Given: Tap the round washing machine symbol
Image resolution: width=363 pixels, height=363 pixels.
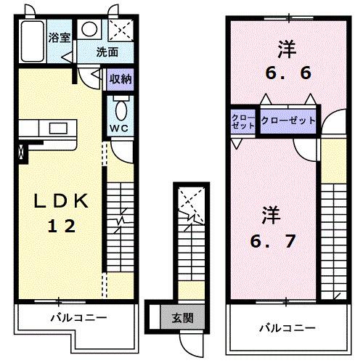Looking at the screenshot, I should [x=89, y=29].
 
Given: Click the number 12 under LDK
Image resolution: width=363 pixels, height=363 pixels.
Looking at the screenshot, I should [x=62, y=226].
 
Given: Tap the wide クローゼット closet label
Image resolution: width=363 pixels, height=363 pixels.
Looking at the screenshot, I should [x=288, y=121].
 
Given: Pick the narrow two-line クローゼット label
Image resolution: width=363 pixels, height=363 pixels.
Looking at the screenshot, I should [x=243, y=121].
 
